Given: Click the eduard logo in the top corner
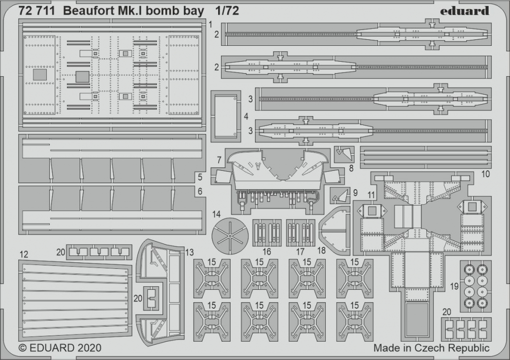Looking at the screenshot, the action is [465, 11].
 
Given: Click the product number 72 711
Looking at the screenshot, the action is [36, 11].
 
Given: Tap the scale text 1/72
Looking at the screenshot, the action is [227, 11].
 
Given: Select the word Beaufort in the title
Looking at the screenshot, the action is [85, 11].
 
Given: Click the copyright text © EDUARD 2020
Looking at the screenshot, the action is [60, 348].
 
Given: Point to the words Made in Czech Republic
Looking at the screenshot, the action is [431, 348].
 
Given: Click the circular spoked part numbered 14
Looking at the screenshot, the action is [230, 237].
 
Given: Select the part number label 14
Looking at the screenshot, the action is [216, 214].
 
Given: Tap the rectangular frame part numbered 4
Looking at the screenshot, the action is [226, 117].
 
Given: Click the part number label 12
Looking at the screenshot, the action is [24, 254].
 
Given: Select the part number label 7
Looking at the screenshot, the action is [219, 160].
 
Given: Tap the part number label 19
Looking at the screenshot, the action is [454, 286].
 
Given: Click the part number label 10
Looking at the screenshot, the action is [485, 174].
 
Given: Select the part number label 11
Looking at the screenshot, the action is [371, 195].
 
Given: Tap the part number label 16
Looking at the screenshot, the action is [267, 251].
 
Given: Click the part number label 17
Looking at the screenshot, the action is [300, 251].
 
